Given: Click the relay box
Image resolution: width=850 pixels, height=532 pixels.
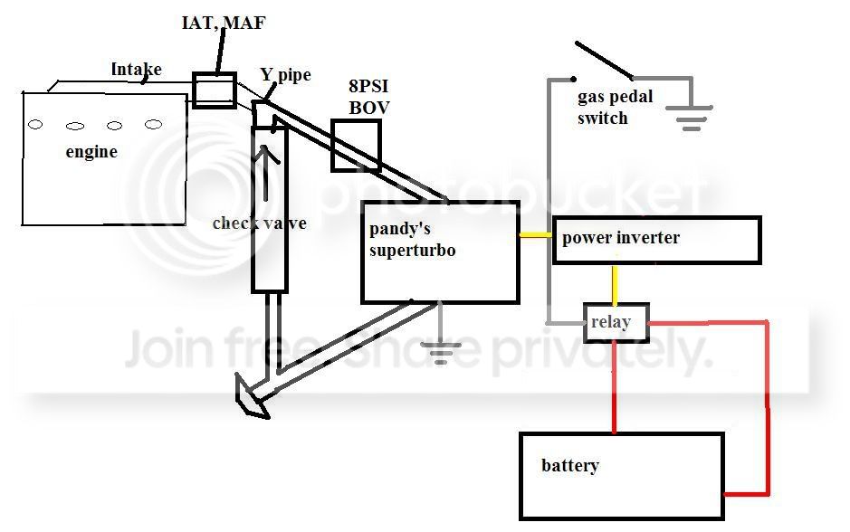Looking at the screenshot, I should point(616,322).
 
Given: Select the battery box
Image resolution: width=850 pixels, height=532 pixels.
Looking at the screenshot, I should point(621,476).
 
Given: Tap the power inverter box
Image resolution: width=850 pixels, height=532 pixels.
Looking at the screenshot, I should point(656,240).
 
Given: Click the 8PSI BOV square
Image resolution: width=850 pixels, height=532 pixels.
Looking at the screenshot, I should point(356,145).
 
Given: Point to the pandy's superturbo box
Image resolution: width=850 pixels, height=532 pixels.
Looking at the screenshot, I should point(440,252).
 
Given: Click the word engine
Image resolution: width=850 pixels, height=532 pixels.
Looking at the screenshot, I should point(91,152).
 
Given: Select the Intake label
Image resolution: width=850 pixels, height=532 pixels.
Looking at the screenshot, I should point(136,69).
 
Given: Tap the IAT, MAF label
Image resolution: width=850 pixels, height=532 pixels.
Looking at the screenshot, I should point(223,23).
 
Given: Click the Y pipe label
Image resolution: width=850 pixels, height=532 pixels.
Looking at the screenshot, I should point(285,75).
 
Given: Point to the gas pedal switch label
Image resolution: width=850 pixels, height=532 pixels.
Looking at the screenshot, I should point(615,108).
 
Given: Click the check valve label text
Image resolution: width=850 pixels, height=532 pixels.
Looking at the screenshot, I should point(259,223).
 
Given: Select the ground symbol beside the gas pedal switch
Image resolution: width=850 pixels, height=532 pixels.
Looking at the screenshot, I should point(690,118).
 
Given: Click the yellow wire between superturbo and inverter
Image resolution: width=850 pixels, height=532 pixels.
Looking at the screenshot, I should point(536,236).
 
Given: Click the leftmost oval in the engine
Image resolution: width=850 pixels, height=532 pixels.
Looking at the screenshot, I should point(35,125).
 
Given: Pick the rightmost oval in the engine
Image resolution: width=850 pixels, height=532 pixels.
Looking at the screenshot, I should point(154,124).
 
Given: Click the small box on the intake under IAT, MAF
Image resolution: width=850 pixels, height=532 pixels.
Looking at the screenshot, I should point(215,90).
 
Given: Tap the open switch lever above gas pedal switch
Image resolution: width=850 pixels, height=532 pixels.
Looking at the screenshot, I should point(603,59).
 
